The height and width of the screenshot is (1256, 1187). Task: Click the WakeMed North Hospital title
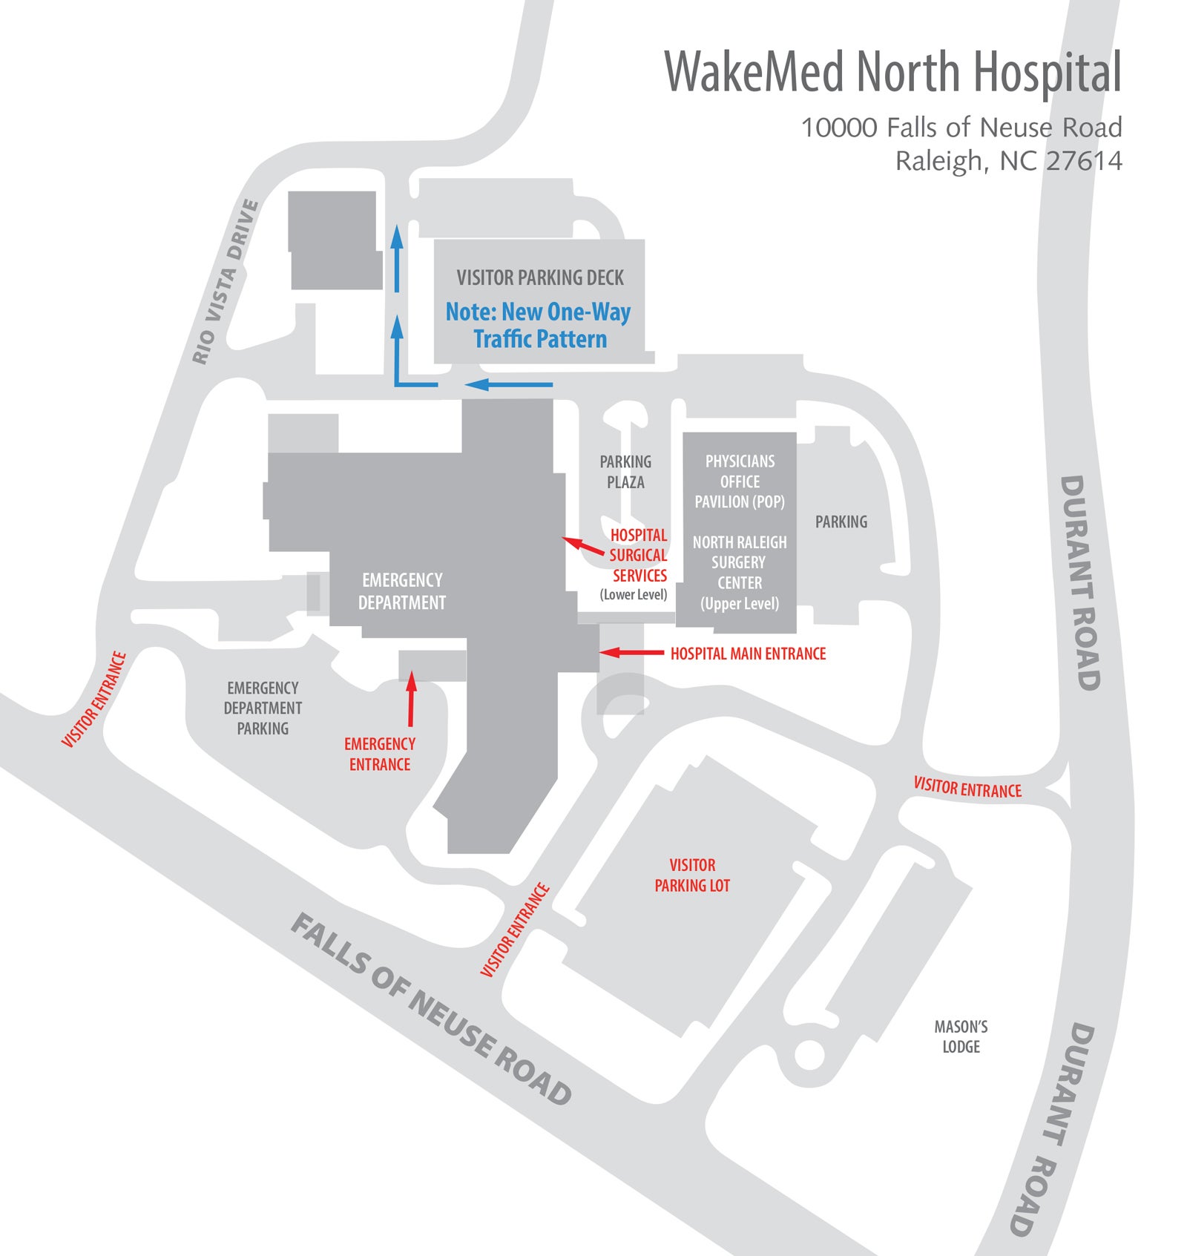click(x=892, y=72)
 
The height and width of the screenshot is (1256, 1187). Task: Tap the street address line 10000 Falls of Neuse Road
click(x=961, y=128)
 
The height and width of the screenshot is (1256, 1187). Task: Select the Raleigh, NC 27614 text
click(x=1008, y=161)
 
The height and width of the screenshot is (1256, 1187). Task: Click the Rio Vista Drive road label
click(x=226, y=282)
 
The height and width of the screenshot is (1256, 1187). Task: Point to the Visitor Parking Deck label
click(x=540, y=278)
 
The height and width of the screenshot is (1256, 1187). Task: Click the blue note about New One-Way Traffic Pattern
click(x=539, y=326)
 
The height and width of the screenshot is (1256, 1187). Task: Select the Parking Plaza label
click(x=625, y=472)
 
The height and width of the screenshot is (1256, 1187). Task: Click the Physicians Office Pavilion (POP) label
click(x=740, y=481)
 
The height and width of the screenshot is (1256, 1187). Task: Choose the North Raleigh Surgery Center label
click(x=740, y=572)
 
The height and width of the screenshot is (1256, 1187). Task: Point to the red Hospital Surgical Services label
click(x=638, y=555)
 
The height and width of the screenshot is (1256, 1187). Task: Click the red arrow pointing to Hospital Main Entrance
click(x=631, y=653)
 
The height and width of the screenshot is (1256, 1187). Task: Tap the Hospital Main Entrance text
click(x=748, y=654)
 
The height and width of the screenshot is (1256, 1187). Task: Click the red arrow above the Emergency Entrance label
click(x=411, y=700)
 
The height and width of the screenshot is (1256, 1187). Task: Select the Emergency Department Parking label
click(x=263, y=708)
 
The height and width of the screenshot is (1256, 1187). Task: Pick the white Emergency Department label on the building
click(x=402, y=591)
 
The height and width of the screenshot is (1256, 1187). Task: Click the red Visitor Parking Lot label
click(x=692, y=875)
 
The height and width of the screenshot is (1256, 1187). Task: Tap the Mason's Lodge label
click(x=961, y=1036)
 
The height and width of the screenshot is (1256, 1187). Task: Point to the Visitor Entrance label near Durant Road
click(x=967, y=788)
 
